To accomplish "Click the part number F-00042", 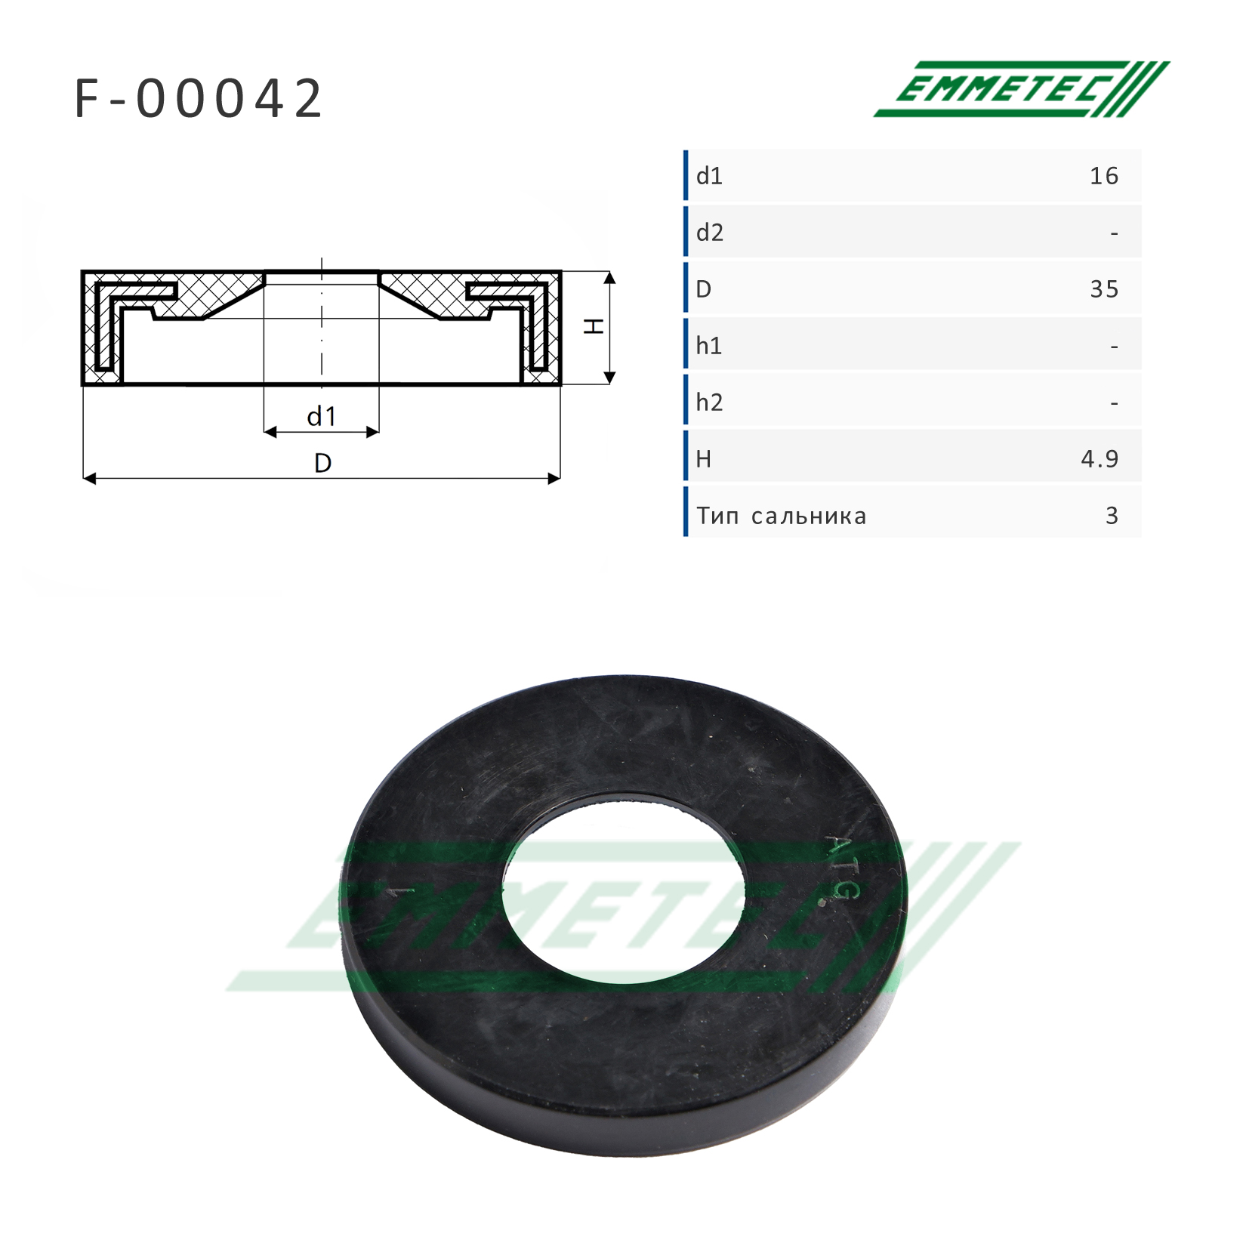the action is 199,99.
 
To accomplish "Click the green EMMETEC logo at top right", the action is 1021,89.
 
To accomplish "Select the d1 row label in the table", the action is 709,176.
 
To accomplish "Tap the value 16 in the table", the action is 1104,176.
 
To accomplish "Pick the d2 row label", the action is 710,233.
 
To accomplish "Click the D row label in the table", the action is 703,289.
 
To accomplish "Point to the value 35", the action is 1104,289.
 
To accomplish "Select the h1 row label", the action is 709,346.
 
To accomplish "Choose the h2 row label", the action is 710,402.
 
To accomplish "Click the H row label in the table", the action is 703,459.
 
